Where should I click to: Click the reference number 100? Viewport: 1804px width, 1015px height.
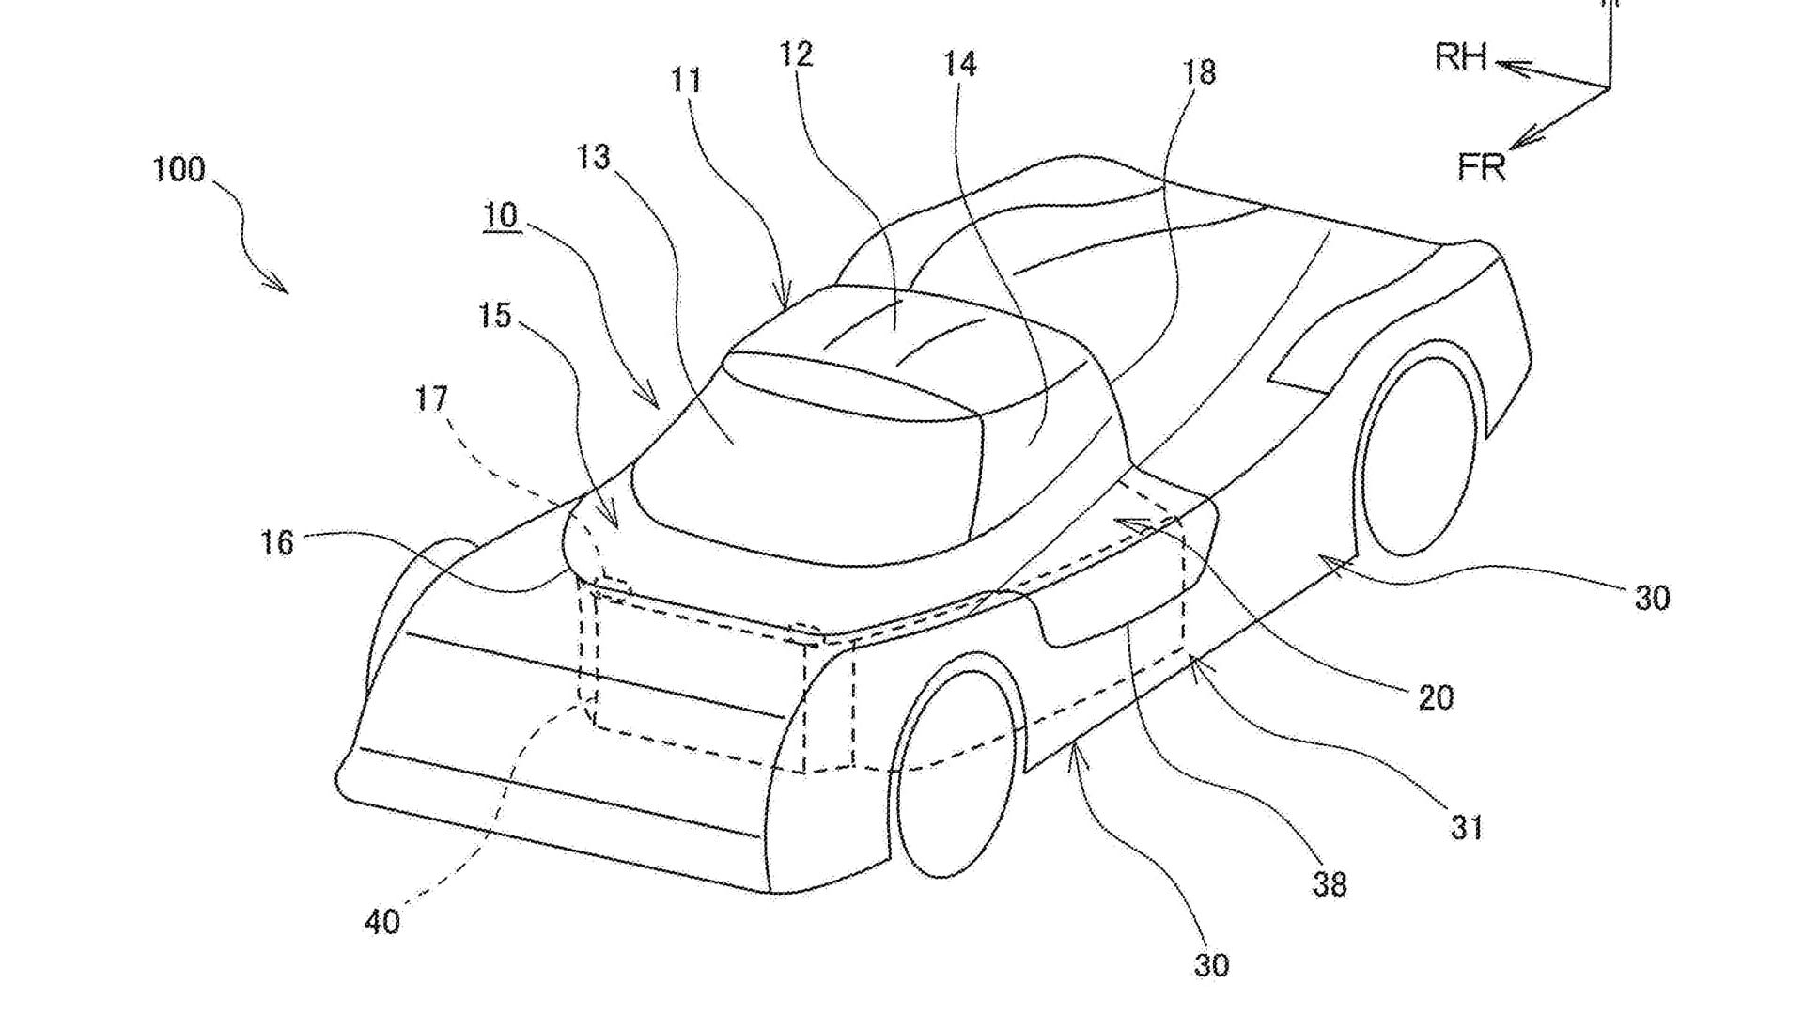coord(179,170)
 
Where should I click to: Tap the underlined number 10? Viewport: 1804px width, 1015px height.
coord(501,216)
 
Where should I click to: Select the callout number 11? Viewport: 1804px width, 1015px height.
coord(687,80)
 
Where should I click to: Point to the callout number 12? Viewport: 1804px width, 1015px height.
coord(796,55)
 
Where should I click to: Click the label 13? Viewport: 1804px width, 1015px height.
coord(593,157)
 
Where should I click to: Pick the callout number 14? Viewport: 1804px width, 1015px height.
coord(960,64)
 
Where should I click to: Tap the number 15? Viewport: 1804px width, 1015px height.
coord(495,316)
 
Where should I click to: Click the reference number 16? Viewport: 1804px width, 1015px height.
coord(277,543)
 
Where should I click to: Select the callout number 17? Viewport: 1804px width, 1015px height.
coord(432,399)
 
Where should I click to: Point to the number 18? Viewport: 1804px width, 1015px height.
coord(1199,72)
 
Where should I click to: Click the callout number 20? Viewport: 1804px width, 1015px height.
coord(1435,697)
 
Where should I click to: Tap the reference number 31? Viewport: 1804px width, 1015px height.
coord(1466,827)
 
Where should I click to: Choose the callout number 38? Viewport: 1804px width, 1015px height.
coord(1330,884)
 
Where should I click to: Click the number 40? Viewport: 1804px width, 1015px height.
coord(382,922)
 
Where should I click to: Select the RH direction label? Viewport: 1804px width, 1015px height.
coord(1460,58)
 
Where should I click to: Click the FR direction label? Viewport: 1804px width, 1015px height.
coord(1482,167)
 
